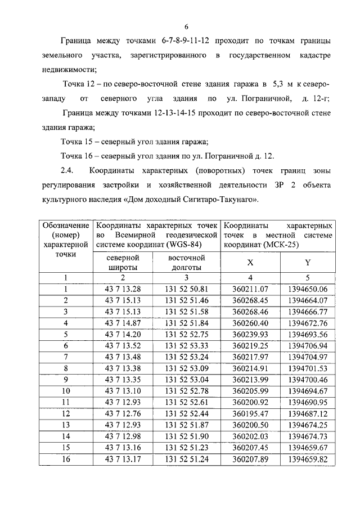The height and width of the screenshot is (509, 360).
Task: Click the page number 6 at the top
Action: tap(186, 26)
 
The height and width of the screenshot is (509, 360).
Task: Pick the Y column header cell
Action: tap(307, 263)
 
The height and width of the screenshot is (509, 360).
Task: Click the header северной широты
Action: tap(123, 263)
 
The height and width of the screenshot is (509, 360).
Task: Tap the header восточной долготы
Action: tap(187, 263)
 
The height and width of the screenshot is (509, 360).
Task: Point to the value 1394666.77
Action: tap(307, 311)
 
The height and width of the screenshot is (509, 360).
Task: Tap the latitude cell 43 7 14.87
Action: tap(123, 322)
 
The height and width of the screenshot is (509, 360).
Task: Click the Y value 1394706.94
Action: tap(307, 345)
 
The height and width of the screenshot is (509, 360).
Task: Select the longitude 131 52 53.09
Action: tap(187, 368)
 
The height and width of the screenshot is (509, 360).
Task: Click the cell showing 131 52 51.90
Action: tap(187, 436)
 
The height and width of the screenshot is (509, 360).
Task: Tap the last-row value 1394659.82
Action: tap(307, 459)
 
